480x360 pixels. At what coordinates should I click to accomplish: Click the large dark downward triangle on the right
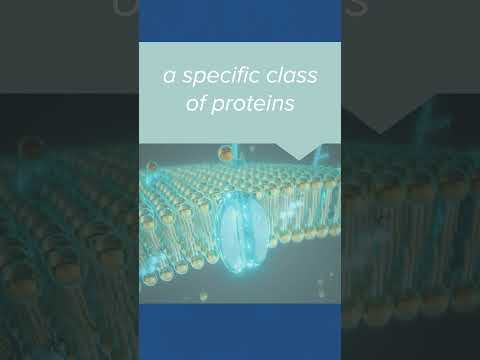click(381, 120)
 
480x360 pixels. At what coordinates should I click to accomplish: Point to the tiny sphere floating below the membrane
click(202, 296)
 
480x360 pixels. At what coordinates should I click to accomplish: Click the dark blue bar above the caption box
click(240, 20)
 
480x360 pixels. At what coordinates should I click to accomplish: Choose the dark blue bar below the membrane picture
click(240, 330)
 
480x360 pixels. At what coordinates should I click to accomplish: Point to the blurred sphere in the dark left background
click(30, 149)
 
